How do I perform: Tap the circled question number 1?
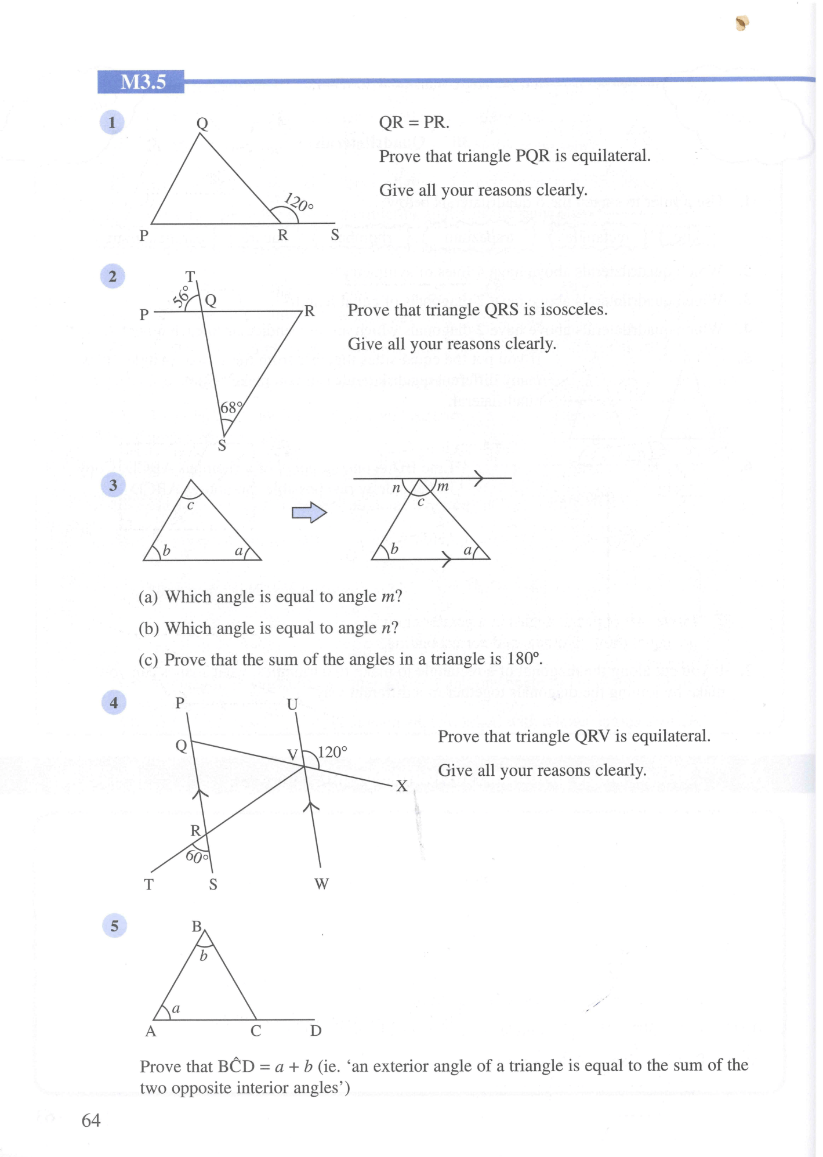pos(112,122)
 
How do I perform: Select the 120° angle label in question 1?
pos(299,203)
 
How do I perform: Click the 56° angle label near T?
pos(181,295)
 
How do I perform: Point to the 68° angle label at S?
pos(230,407)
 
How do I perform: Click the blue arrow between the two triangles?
pos(309,512)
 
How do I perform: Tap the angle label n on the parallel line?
pos(396,488)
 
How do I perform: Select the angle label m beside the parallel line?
pos(443,486)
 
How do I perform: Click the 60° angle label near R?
pos(197,856)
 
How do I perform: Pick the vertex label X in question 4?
pos(401,786)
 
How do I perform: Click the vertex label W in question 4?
pos(321,884)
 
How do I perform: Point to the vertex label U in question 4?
pos(292,704)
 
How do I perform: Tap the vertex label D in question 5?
pos(316,1031)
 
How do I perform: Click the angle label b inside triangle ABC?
pos(203,955)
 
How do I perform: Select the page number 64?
pos(91,1120)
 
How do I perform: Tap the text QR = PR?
pos(414,122)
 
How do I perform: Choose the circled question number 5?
pos(114,925)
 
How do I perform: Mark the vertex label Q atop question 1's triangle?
pos(202,123)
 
